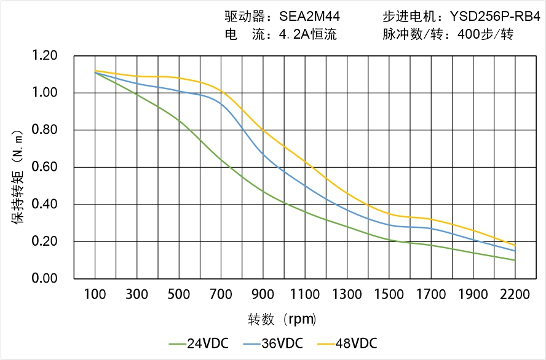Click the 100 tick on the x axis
95,295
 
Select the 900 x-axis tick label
263,295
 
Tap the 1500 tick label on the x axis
389,295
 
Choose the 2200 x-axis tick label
515,295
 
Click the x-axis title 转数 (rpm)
283,319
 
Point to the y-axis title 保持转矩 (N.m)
18,176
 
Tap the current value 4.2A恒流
307,34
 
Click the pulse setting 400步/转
485,34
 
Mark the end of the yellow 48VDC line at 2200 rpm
515,245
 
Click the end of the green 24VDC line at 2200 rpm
515,260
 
